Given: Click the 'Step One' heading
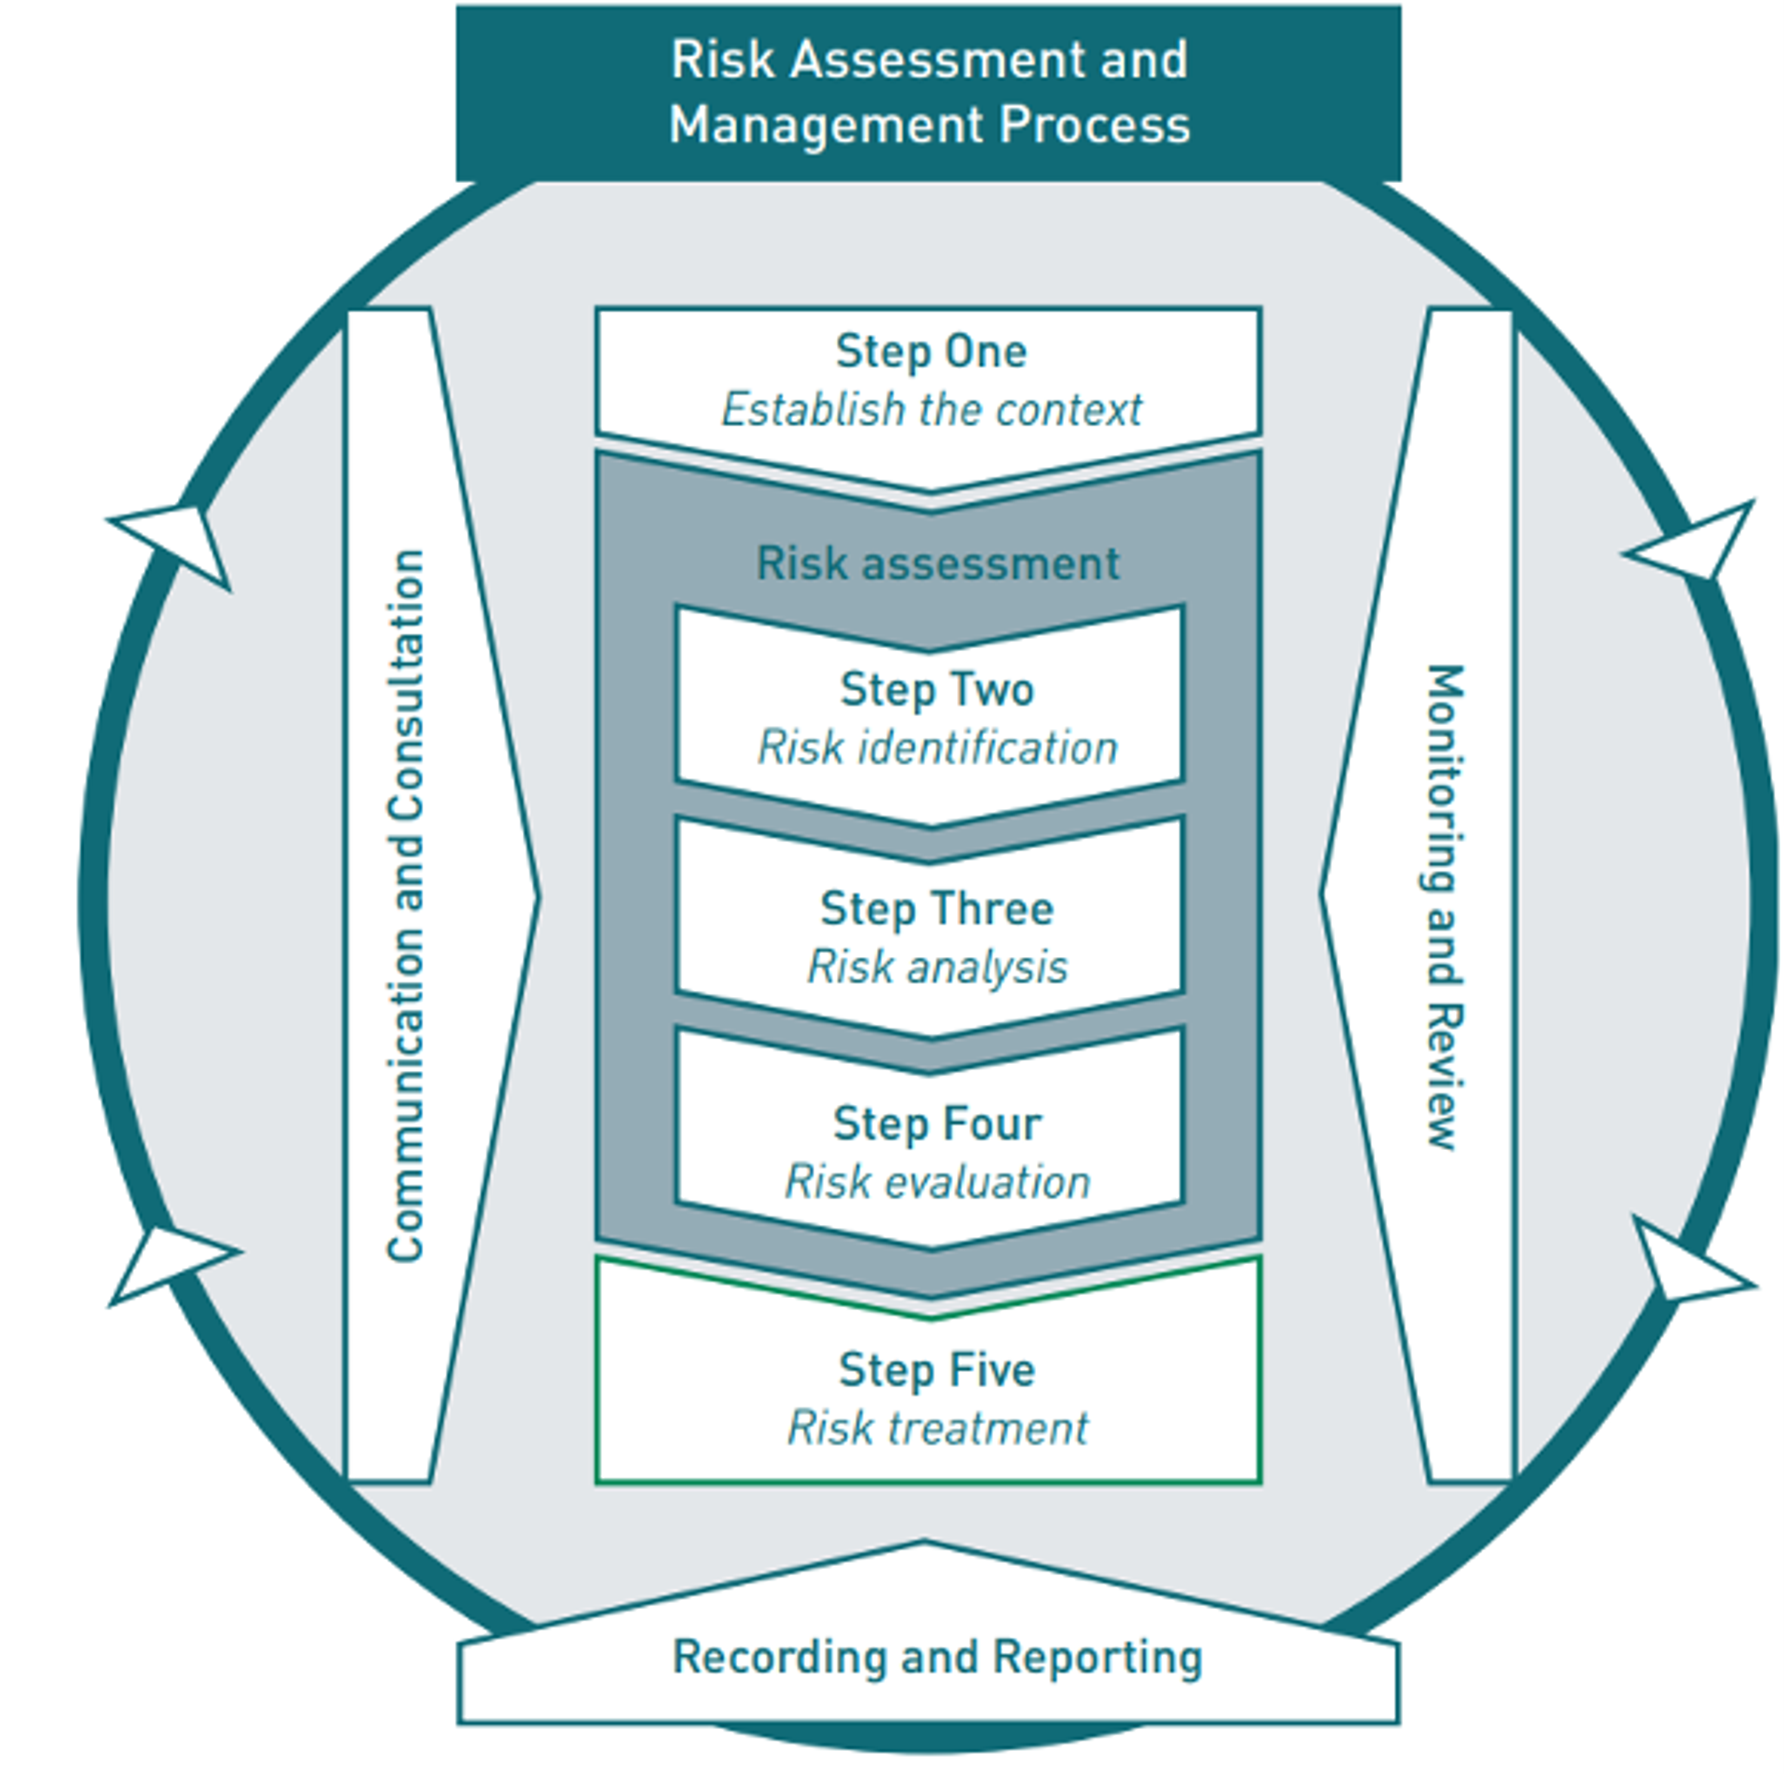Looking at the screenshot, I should [x=930, y=351].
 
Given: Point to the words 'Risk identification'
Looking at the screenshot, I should [x=936, y=747].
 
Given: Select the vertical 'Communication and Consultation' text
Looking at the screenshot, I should [x=405, y=906].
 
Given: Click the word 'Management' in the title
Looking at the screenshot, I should [x=823, y=125].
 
